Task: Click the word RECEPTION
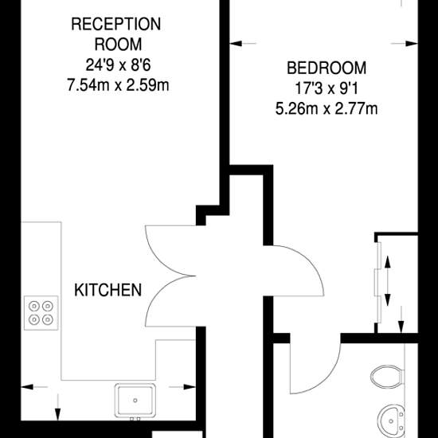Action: point(116,25)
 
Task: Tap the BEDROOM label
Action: point(327,68)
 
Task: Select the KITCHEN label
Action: point(108,290)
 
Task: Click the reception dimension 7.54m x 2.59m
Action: point(118,85)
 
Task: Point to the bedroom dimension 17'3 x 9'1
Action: point(327,88)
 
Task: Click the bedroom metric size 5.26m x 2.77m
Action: point(327,108)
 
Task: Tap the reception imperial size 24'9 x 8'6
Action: point(118,65)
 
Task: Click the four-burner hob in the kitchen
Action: point(41,313)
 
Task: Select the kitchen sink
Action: point(135,401)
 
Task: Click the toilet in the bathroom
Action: point(388,377)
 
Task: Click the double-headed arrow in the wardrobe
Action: point(388,281)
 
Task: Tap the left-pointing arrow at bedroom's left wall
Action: point(242,44)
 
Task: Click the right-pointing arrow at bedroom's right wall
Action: point(405,44)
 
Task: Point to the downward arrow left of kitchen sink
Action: point(58,407)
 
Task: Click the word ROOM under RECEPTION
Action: point(118,45)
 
